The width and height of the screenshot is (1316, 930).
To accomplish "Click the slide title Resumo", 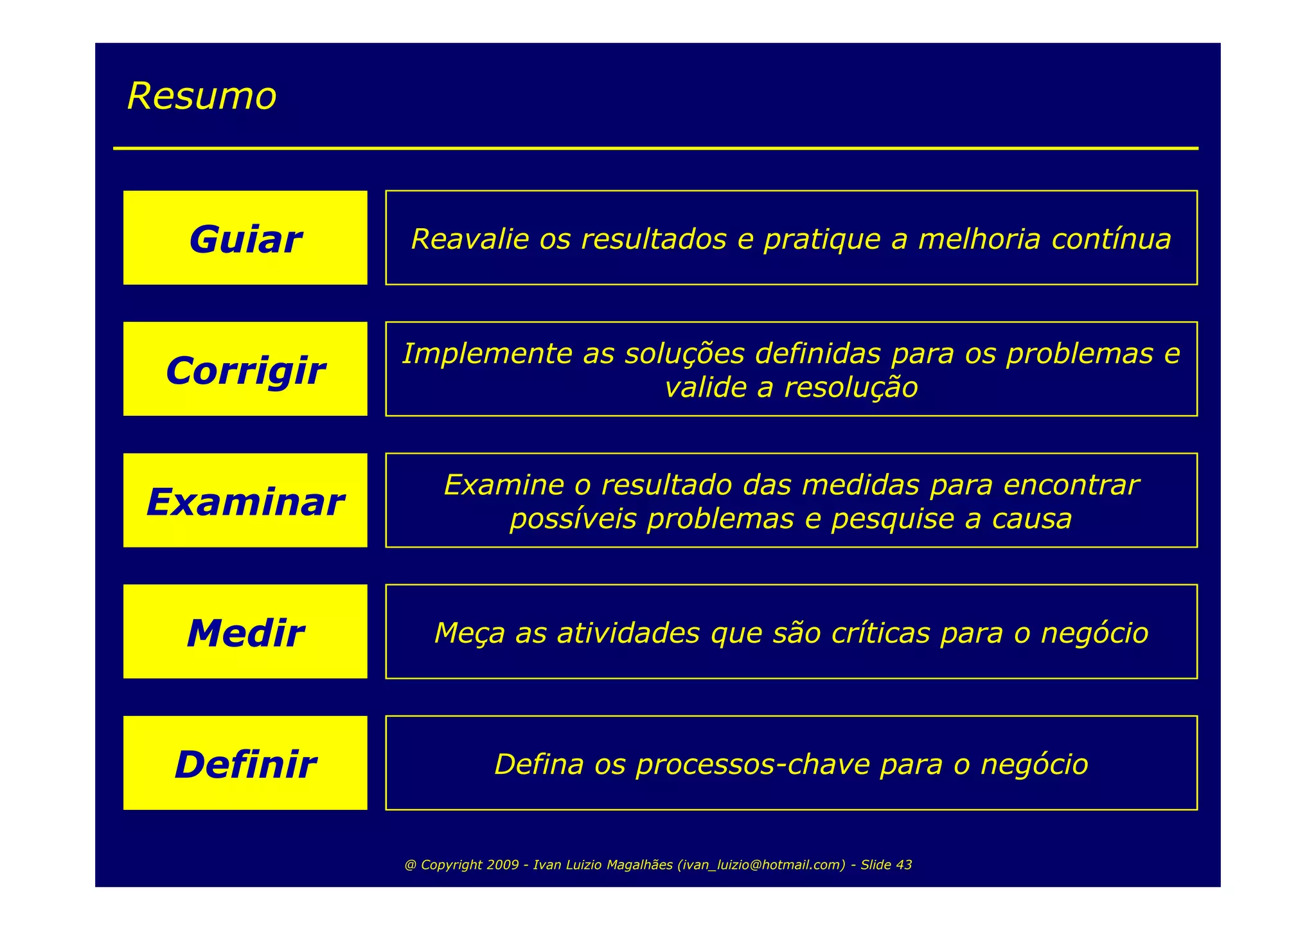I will (x=202, y=96).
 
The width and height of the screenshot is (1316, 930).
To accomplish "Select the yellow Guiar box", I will (x=245, y=238).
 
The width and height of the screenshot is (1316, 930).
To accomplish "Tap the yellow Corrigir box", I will (x=245, y=369).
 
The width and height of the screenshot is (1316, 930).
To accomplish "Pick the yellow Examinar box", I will (x=245, y=501).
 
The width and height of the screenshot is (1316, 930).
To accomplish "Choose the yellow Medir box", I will (x=245, y=632).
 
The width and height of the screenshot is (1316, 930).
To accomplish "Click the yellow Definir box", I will (x=245, y=763).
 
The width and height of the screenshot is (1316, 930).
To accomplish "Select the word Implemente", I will (x=487, y=353).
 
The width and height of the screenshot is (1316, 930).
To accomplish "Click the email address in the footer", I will (x=761, y=865).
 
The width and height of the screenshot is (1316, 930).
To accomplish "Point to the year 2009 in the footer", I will (x=502, y=865).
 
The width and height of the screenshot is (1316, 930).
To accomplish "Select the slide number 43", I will (x=903, y=865).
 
